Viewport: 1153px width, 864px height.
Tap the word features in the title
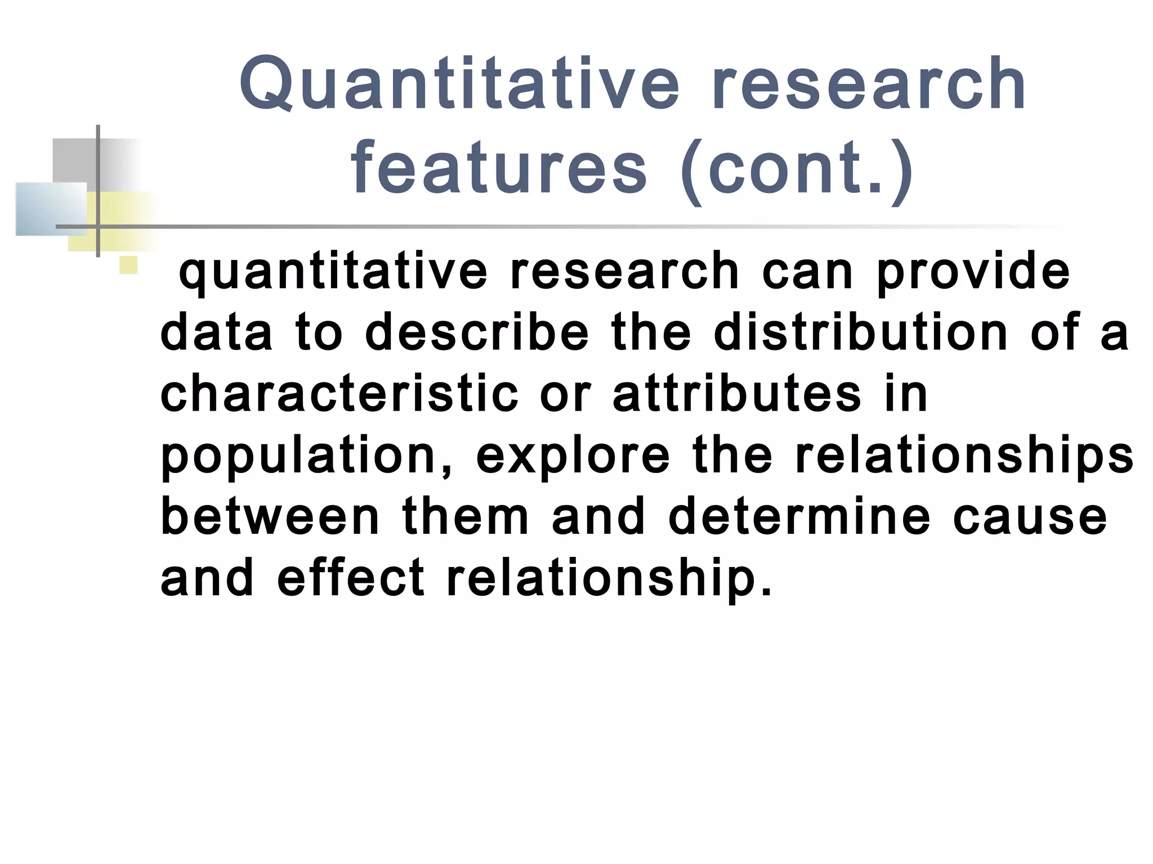pos(499,169)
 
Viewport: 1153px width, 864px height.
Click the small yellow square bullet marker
pos(128,265)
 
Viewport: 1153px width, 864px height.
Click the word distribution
pos(860,332)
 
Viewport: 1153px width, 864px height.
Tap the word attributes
pos(737,393)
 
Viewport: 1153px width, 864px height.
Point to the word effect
pos(351,578)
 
